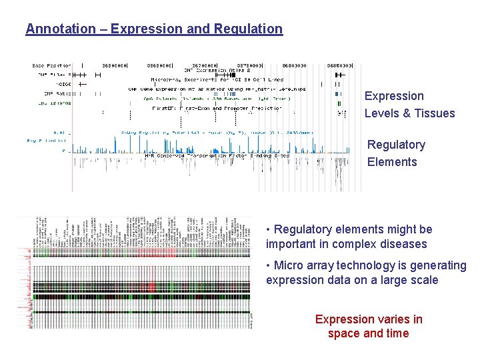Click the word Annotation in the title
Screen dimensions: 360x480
[x=61, y=29]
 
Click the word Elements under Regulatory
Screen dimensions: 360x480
[x=392, y=162]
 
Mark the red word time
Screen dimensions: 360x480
[x=397, y=333]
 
